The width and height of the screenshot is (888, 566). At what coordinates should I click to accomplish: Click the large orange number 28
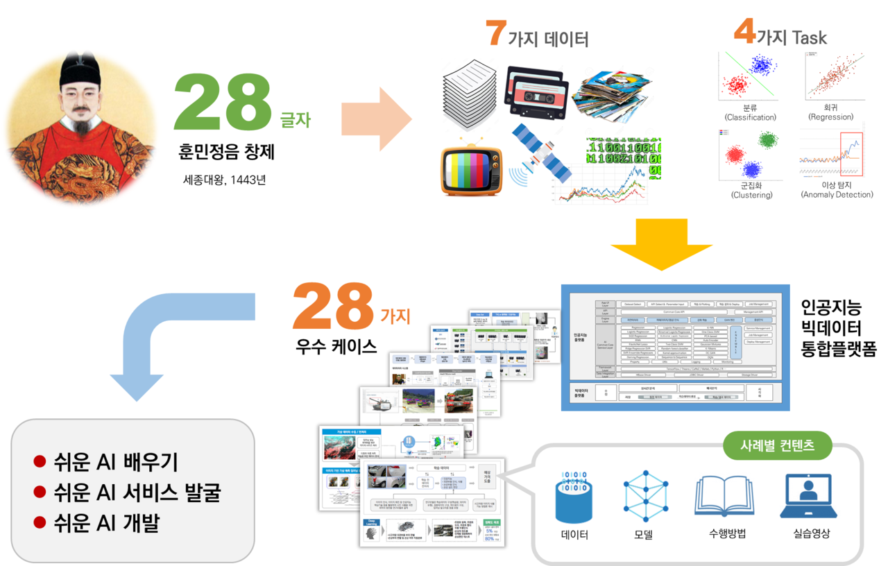click(334, 307)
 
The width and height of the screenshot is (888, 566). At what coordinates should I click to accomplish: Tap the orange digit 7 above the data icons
click(495, 33)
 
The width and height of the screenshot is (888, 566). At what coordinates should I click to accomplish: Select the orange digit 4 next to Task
click(744, 32)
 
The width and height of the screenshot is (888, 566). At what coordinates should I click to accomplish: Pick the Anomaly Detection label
click(837, 195)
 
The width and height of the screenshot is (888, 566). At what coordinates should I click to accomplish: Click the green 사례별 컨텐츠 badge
click(777, 445)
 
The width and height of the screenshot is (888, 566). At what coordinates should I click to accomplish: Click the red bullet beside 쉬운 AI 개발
click(40, 522)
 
